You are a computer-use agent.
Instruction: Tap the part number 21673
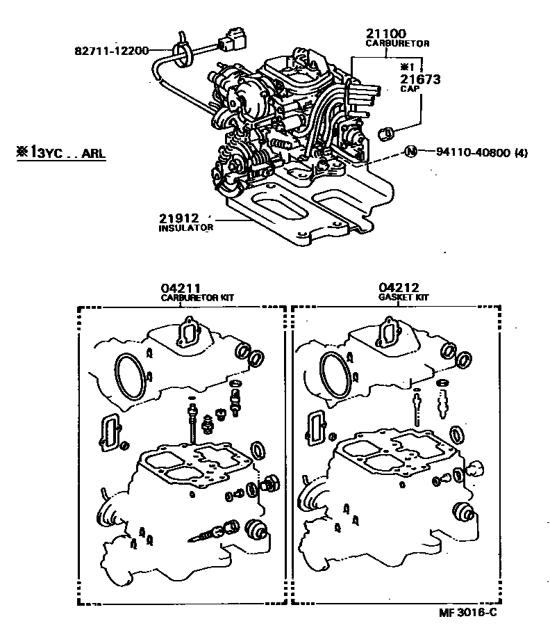coord(420,79)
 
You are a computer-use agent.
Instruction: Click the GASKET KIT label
coord(404,297)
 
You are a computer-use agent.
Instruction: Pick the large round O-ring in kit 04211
coord(131,376)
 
